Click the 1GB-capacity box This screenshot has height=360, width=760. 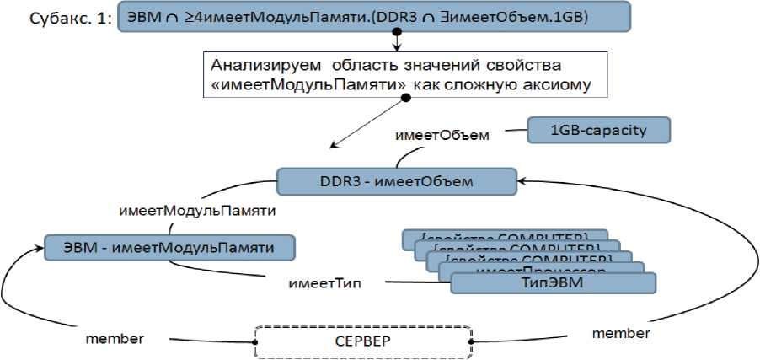point(599,130)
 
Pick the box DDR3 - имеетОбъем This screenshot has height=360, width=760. point(397,180)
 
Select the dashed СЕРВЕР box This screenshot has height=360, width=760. point(362,341)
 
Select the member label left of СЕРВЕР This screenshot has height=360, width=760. point(115,339)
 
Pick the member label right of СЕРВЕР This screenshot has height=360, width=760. point(620,333)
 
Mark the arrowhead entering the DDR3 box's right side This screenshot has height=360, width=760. point(522,180)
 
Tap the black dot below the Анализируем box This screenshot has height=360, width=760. point(405,98)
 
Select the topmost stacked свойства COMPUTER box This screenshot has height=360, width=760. point(505,236)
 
